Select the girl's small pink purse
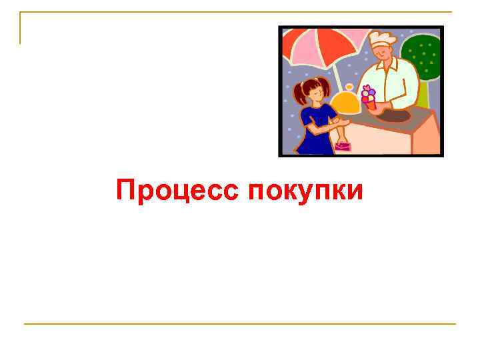point(342,145)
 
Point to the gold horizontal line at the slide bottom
point(240,324)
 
